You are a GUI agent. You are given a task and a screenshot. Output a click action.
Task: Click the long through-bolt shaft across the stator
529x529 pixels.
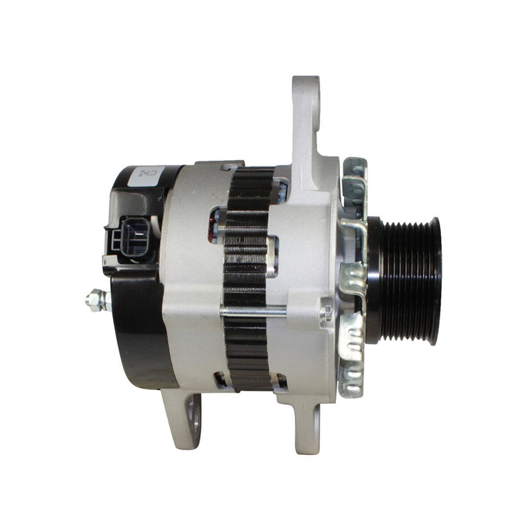pyautogui.click(x=255, y=310)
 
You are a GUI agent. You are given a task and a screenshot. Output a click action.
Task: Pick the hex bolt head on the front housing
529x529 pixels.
pyautogui.click(x=325, y=311)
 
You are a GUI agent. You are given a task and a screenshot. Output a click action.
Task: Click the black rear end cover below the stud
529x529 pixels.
pyautogui.click(x=136, y=344)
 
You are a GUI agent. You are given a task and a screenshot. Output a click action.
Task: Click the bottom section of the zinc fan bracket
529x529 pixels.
pyautogui.click(x=350, y=370)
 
